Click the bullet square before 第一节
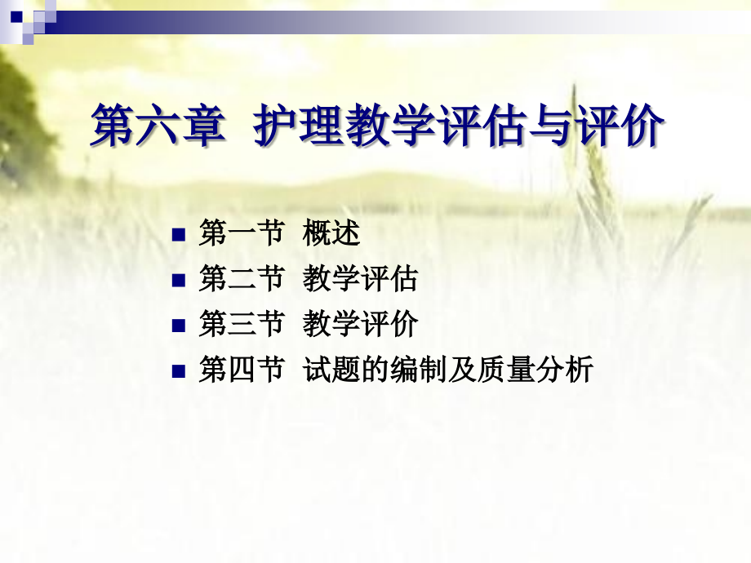pyautogui.click(x=179, y=236)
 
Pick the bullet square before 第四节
pyautogui.click(x=179, y=372)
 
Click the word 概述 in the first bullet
pyautogui.click(x=331, y=235)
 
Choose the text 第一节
pyautogui.click(x=241, y=235)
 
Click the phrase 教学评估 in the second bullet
pyautogui.click(x=360, y=280)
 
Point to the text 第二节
pyautogui.click(x=241, y=280)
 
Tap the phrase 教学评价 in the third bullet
pyautogui.click(x=360, y=326)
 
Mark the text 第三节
pyautogui.click(x=241, y=326)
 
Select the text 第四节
pyautogui.click(x=241, y=371)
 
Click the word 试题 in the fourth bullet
pyautogui.click(x=331, y=371)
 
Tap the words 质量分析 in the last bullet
pyautogui.click(x=535, y=371)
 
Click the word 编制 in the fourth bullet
pyautogui.click(x=418, y=371)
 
